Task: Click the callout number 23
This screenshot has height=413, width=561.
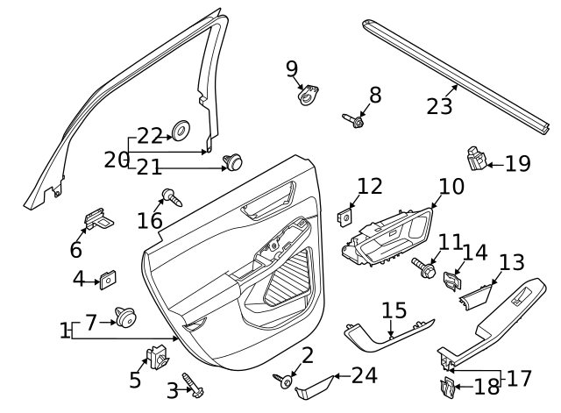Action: point(439,106)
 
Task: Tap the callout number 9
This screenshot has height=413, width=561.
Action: point(292,68)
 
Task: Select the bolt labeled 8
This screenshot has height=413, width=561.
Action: point(354,118)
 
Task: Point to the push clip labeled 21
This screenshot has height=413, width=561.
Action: point(233,161)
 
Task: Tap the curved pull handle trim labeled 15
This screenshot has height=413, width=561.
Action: point(386,332)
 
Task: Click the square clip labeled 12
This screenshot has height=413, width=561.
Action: point(346,214)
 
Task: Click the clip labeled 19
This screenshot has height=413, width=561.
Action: point(476,160)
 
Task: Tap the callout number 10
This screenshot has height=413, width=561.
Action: point(451,186)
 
